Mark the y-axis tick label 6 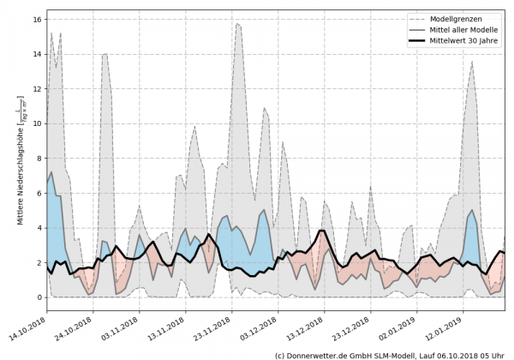tap(39, 193)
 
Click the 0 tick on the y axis tap(39, 297)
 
